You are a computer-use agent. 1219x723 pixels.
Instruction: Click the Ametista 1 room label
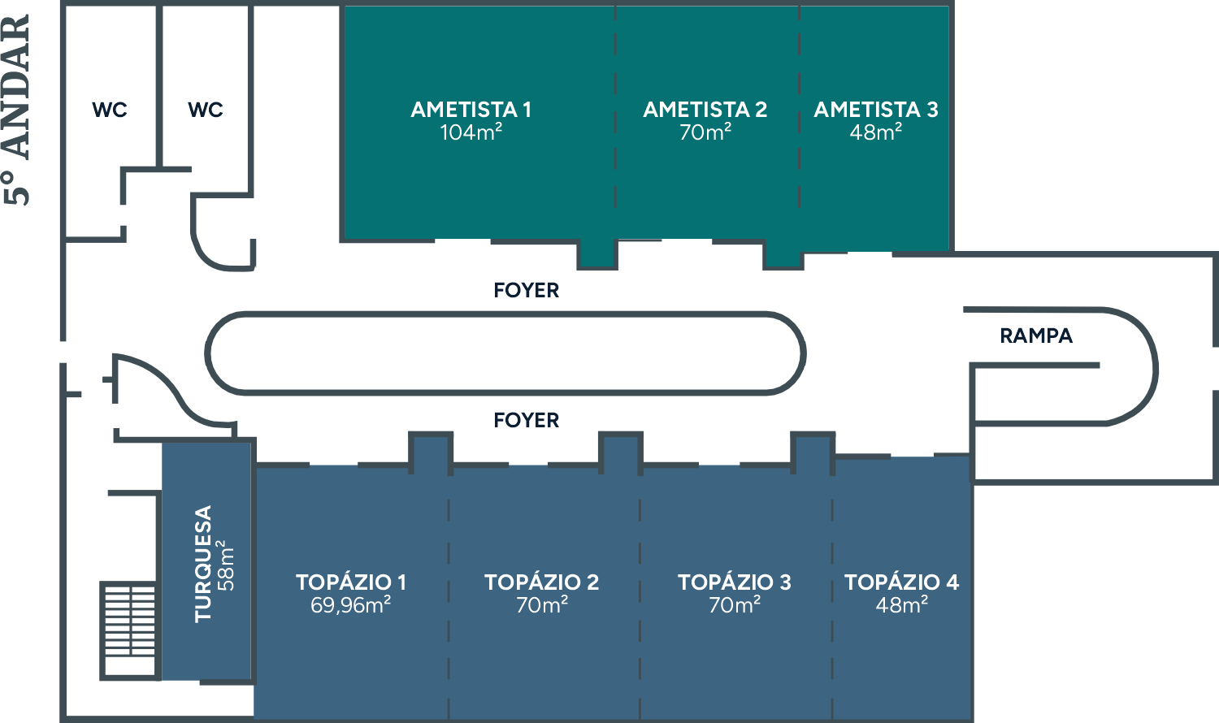[471, 110]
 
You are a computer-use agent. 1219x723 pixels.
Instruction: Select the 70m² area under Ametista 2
[705, 132]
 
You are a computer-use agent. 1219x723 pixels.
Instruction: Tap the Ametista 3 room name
[875, 110]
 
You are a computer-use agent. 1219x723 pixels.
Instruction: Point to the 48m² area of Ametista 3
[875, 132]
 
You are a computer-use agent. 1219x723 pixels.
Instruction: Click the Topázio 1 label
[350, 582]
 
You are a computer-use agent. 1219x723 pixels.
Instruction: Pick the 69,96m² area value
[350, 605]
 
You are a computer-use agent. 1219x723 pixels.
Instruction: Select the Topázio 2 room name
[541, 582]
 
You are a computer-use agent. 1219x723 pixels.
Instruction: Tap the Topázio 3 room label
[734, 582]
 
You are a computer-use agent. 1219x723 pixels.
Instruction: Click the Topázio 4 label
[901, 582]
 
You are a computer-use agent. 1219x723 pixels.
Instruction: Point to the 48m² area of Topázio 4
[901, 605]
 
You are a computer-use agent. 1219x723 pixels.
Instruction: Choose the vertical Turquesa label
[203, 564]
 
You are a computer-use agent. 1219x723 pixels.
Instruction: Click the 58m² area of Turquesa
[226, 564]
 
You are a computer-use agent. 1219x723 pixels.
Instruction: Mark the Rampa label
[1035, 336]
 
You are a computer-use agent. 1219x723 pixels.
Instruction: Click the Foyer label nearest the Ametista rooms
[526, 290]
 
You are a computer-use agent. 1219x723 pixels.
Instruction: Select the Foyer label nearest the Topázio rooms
[526, 420]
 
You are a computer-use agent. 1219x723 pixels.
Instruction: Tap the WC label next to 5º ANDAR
[109, 110]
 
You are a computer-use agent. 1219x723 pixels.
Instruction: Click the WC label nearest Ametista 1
[205, 110]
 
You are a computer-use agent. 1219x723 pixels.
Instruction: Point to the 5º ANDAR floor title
[17, 109]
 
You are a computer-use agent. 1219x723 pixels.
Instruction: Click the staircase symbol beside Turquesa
[128, 630]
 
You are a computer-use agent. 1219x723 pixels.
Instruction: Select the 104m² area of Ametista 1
[471, 132]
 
